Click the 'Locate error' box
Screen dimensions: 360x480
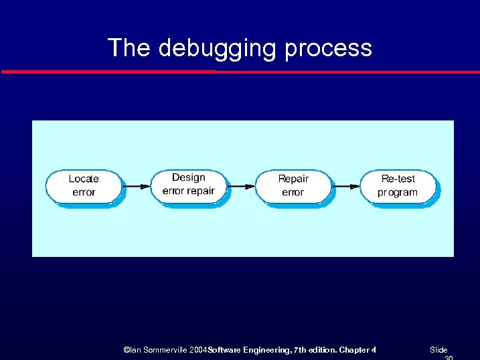[x=84, y=186]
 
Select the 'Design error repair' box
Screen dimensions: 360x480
[x=188, y=185]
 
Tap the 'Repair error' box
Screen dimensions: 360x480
[x=293, y=186]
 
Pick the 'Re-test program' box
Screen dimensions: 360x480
[x=398, y=186]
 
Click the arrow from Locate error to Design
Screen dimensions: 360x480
[x=137, y=186]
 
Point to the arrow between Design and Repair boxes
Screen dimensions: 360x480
[x=242, y=186]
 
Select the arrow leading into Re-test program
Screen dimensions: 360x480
[x=346, y=186]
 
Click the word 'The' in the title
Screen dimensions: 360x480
[x=129, y=48]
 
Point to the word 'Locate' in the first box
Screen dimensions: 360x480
[x=84, y=179]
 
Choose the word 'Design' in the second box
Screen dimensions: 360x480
[x=188, y=177]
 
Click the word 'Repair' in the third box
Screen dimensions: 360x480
[x=293, y=179]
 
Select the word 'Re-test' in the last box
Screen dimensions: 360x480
[x=398, y=179]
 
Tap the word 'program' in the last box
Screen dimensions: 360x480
[x=397, y=193]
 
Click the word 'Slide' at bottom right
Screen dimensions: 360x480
[x=438, y=350]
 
